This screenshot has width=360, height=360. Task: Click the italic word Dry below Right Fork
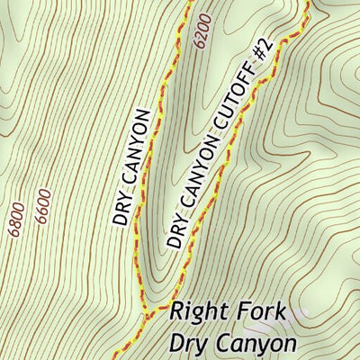click(x=187, y=344)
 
